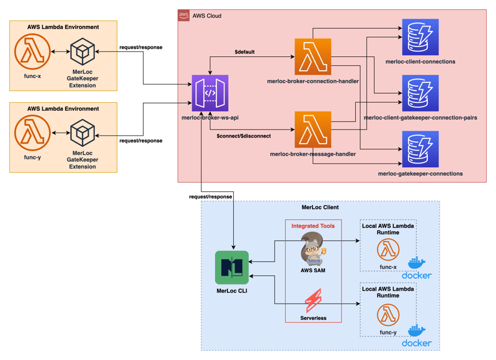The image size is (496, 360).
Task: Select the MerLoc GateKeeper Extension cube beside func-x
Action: pos(82,53)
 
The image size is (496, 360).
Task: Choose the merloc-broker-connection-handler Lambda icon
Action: pos(313,57)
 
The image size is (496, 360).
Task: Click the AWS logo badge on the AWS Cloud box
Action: pos(184,15)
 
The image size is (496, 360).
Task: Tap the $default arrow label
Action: pos(245,52)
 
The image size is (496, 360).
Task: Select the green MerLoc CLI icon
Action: pos(231,268)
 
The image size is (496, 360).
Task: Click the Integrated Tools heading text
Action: pos(313,226)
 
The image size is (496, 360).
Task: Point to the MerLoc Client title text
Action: pos(320,206)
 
